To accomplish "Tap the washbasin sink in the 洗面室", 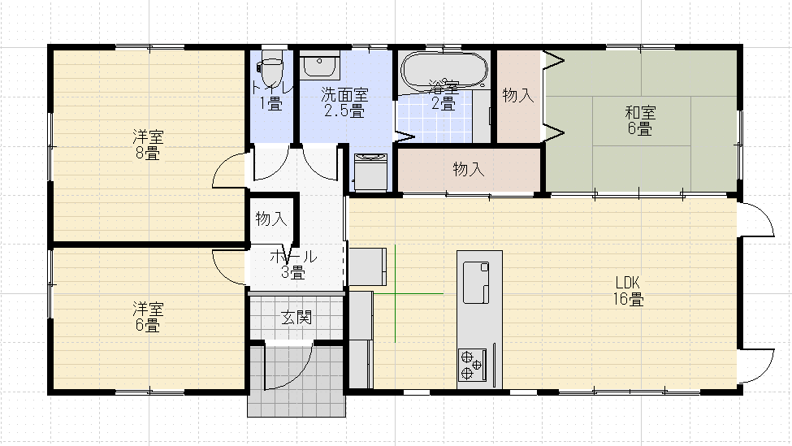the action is (319, 65).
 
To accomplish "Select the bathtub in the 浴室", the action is (444, 70).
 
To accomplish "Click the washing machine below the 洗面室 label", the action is (370, 171).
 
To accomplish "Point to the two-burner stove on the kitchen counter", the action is (472, 365).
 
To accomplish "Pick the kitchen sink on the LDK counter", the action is (476, 282).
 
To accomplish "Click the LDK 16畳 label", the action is (628, 291).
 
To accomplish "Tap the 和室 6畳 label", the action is (640, 120).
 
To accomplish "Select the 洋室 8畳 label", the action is (148, 145).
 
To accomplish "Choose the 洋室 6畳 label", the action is (148, 317).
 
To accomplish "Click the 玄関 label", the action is (296, 317).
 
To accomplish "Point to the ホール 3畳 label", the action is (293, 264).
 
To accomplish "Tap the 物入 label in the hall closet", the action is (271, 219).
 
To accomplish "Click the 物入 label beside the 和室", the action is (518, 95).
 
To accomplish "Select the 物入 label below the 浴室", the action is (469, 169).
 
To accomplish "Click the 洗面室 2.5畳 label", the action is (344, 102).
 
